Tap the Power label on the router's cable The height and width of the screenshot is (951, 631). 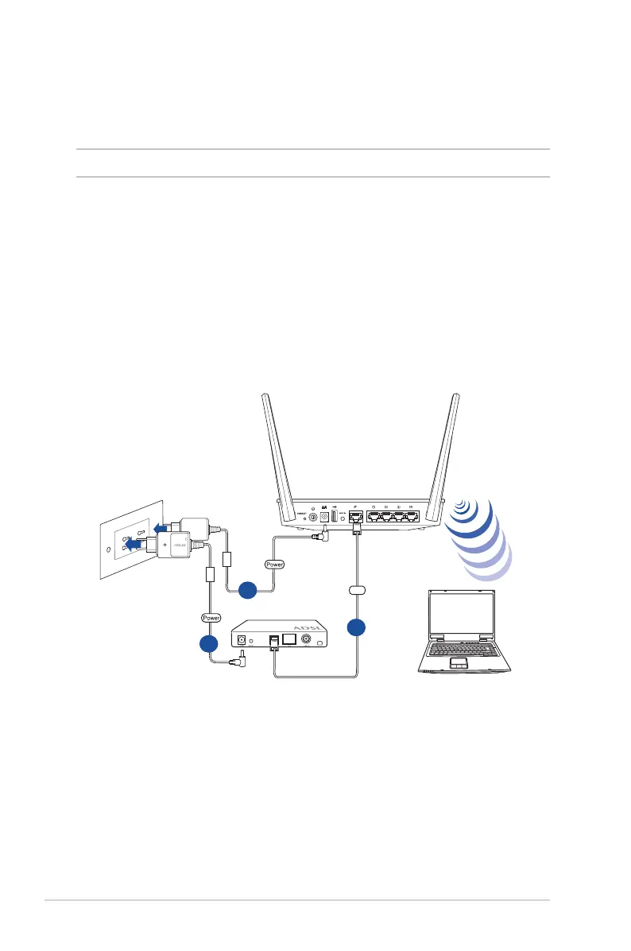[x=273, y=564]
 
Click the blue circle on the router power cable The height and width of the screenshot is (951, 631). [x=248, y=589]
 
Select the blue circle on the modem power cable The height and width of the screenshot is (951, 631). [x=209, y=644]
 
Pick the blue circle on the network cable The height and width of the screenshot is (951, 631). [x=357, y=627]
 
